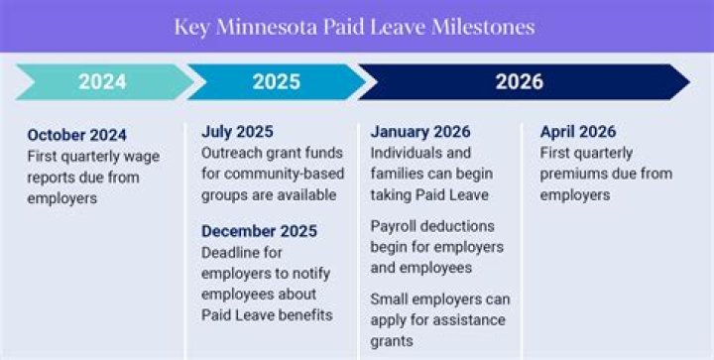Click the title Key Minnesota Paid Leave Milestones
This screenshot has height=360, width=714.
[x=354, y=27]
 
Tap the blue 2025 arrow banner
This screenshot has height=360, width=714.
[x=276, y=81]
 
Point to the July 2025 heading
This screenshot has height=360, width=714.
[x=237, y=131]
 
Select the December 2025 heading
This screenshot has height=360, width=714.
[x=259, y=231]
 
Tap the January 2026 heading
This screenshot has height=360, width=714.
[x=420, y=131]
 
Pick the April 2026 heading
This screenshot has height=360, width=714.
[x=577, y=131]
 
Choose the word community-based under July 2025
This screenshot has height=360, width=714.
[x=277, y=174]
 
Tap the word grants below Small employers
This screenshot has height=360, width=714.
[x=393, y=341]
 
